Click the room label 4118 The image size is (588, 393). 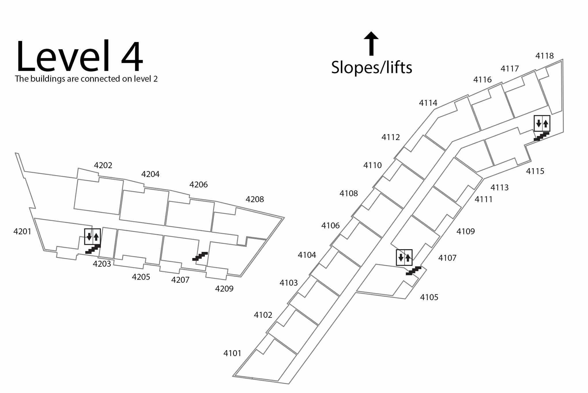(x=544, y=56)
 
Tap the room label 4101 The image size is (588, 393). (x=232, y=353)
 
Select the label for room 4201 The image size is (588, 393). (x=22, y=231)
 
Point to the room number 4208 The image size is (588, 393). (x=254, y=199)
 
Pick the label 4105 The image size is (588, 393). (x=429, y=297)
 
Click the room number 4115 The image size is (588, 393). (x=535, y=171)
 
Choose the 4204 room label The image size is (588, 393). (x=150, y=174)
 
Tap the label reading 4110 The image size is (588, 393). (x=372, y=165)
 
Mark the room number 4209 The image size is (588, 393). (x=224, y=288)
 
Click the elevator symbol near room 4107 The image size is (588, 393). (x=404, y=257)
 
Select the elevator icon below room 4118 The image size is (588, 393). (x=542, y=124)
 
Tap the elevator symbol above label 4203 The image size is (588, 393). (x=92, y=237)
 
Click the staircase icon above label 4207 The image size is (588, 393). (x=200, y=256)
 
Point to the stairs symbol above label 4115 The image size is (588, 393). (x=541, y=136)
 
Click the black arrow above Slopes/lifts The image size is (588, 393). (x=371, y=43)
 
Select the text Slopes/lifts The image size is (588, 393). (x=372, y=68)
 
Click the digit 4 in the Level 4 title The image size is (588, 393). (x=132, y=56)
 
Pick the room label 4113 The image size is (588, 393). (x=499, y=187)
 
